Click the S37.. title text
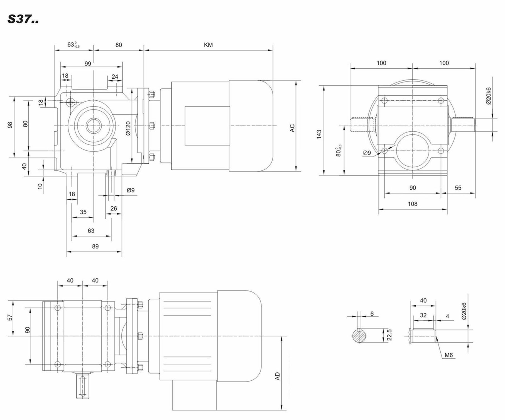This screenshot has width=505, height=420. tap(23, 19)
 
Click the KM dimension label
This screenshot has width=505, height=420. tap(208, 45)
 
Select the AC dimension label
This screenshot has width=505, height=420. tap(292, 128)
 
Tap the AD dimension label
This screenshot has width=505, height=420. tap(278, 376)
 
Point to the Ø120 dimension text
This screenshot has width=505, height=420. tap(128, 128)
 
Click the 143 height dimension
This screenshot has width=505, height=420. tap(319, 134)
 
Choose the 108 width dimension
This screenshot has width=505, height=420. tap(413, 204)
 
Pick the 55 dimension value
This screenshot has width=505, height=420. tap(458, 188)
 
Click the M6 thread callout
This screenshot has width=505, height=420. tap(448, 355)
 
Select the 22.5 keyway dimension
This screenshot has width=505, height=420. tap(389, 335)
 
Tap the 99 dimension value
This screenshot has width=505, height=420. tap(88, 64)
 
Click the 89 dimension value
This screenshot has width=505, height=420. tap(95, 246)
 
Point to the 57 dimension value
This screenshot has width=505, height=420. tap(10, 317)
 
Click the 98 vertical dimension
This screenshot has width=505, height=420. tap(10, 125)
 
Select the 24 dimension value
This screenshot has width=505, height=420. tap(115, 77)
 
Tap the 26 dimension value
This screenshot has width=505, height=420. tap(114, 208)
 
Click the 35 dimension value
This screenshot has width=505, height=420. tap(83, 212)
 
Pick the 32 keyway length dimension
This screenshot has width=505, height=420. tap(423, 315)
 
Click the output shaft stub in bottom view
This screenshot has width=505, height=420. tap(83, 386)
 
